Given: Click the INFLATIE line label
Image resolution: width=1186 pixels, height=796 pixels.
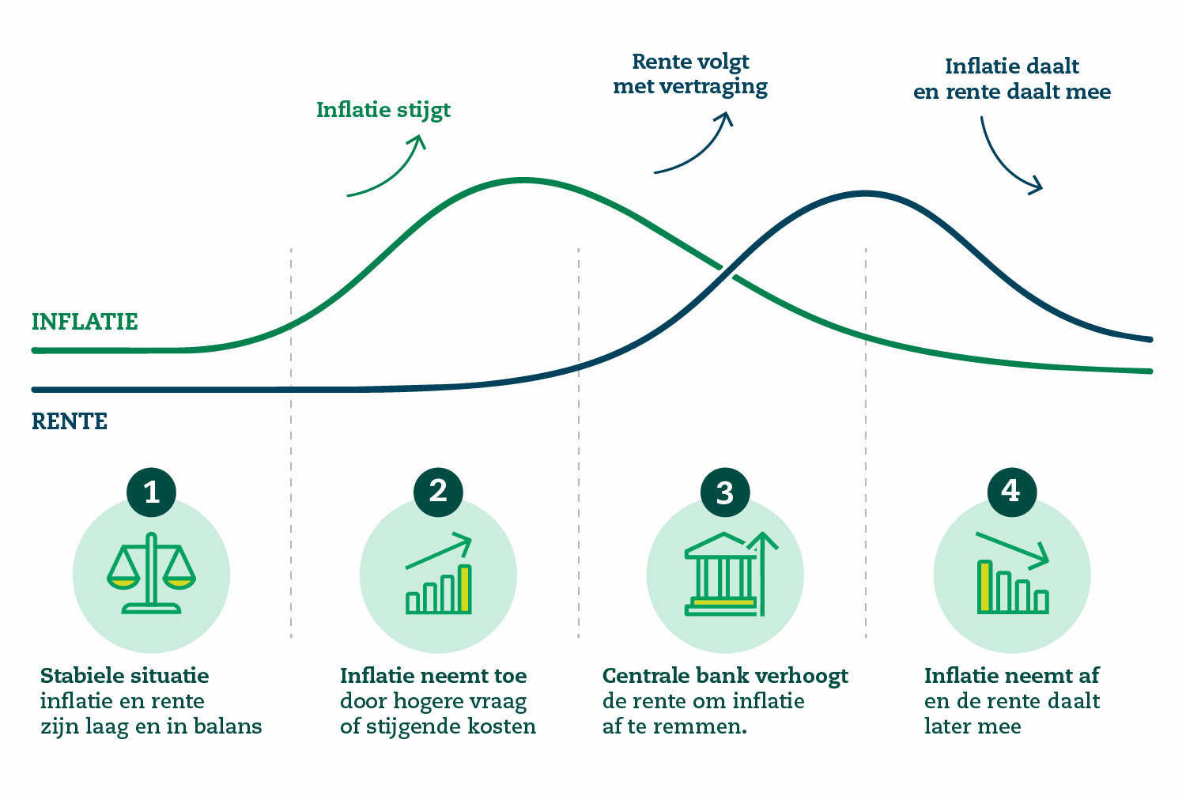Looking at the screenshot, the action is tap(85, 322).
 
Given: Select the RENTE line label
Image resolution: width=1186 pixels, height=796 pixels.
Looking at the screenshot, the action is tap(70, 422).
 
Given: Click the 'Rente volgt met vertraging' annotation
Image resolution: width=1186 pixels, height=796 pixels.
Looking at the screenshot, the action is tap(690, 75).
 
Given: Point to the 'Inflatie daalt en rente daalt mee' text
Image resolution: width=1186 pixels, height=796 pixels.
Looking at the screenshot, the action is tap(1012, 79).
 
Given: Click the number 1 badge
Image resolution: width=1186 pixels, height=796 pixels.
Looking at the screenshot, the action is tap(152, 492).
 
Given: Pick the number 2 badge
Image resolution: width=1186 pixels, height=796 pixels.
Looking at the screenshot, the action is tap(438, 492).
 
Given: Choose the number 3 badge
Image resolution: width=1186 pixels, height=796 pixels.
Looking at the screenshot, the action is tap(725, 492).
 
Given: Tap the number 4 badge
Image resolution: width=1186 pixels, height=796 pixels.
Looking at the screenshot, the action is tap(1012, 492).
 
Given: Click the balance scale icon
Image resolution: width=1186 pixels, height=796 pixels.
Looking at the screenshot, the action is tap(152, 574).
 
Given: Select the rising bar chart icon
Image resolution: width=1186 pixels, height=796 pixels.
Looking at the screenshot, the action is tap(439, 574).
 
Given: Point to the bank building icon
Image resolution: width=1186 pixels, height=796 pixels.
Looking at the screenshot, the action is tap(731, 574).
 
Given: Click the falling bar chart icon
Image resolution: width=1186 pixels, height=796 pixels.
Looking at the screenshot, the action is tap(1012, 573).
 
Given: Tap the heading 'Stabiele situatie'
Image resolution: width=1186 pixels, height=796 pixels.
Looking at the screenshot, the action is tap(125, 676).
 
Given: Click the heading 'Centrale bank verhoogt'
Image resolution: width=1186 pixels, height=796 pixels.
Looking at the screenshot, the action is tap(725, 677).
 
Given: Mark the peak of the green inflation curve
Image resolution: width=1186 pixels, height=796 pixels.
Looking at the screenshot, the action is tap(523, 180).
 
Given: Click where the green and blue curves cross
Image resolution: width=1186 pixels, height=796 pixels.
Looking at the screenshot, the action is tap(727, 272).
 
